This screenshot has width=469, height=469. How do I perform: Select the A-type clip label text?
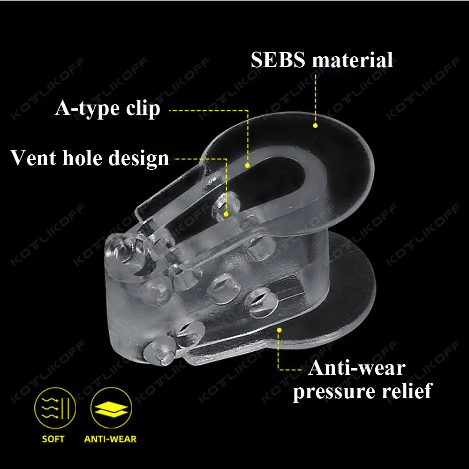click(108, 109)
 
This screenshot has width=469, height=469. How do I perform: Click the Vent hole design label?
click(90, 158)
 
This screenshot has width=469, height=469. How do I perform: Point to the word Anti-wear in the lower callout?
click(356, 368)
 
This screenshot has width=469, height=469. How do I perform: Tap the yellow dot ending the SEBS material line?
click(315, 125)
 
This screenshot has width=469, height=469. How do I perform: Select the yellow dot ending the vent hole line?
click(227, 214)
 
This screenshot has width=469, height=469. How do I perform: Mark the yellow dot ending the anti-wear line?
click(279, 330)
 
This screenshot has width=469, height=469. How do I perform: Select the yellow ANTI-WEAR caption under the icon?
click(110, 439)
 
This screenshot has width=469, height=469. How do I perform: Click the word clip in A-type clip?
click(143, 109)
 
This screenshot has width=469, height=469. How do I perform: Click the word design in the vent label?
click(138, 159)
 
